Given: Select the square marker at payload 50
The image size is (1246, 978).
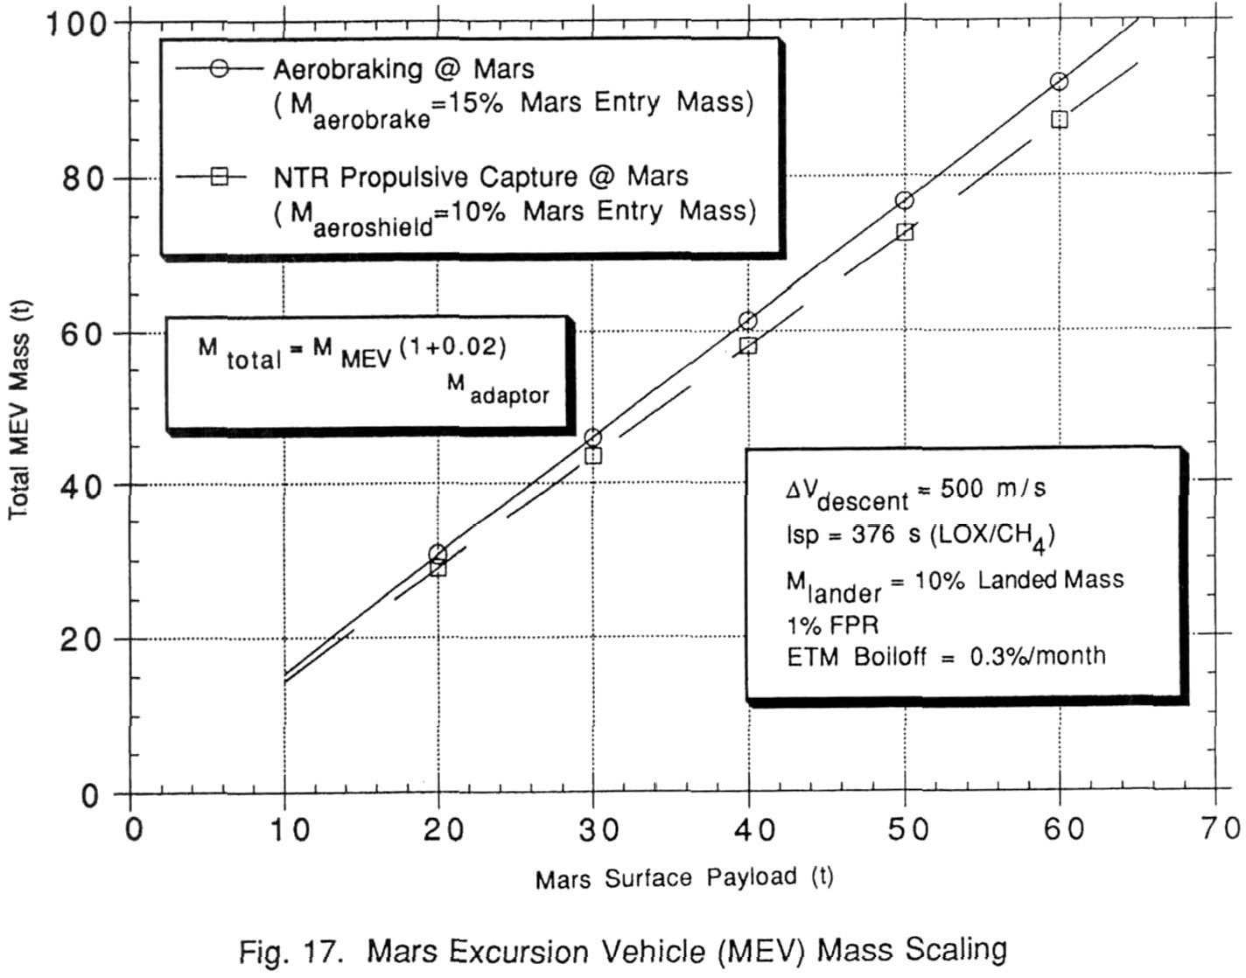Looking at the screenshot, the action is (x=904, y=232).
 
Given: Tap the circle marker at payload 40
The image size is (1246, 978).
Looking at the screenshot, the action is (x=748, y=320).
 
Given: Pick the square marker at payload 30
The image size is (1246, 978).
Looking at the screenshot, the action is (x=593, y=456).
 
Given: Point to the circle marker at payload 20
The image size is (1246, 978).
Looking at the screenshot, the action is (x=437, y=554).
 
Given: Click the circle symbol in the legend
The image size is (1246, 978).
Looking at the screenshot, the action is (x=219, y=69).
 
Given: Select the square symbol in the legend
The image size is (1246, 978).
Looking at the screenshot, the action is (x=219, y=177).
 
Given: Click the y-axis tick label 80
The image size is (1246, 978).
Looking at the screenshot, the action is (x=85, y=178).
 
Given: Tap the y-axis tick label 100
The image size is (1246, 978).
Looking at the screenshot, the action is (x=79, y=24).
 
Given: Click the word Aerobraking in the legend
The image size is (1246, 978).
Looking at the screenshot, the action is (x=347, y=70).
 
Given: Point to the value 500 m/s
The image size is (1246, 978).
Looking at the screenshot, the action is (x=993, y=488).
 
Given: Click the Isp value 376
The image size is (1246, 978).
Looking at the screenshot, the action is (x=872, y=534).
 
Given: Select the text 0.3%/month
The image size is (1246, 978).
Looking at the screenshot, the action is (x=1037, y=656).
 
